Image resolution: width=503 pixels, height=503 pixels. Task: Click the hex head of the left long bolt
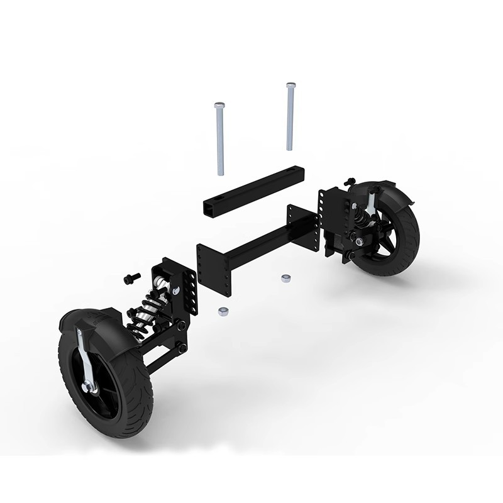[219, 105]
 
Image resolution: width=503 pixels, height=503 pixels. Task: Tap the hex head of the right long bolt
[290, 86]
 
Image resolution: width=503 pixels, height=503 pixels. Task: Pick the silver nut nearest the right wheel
[285, 277]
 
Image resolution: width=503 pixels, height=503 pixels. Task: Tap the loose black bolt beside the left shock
[131, 276]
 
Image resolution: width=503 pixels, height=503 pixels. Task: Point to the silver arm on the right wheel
[373, 201]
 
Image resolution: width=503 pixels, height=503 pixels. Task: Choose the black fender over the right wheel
[396, 195]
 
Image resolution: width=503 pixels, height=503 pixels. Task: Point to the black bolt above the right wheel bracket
[351, 181]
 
